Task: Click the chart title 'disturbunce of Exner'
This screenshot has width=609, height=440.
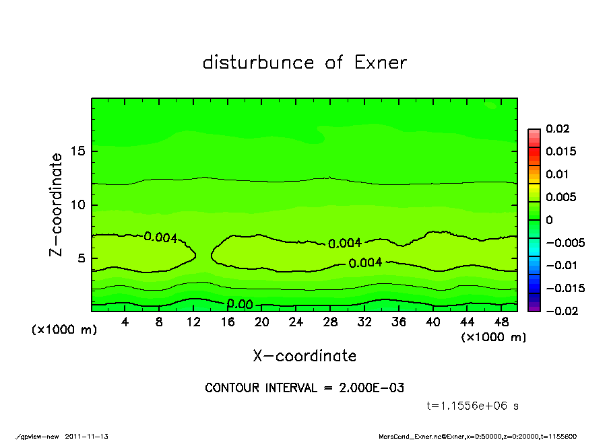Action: pyautogui.click(x=304, y=63)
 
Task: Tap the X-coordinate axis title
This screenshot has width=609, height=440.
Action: pyautogui.click(x=304, y=356)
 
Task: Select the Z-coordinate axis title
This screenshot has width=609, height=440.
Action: pyautogui.click(x=57, y=205)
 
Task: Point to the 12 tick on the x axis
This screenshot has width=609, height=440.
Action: pyautogui.click(x=193, y=323)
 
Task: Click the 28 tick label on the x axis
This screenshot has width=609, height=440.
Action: pyautogui.click(x=330, y=323)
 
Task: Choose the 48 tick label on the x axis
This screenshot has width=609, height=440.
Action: pyautogui.click(x=501, y=323)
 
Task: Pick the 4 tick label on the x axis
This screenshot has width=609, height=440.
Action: pyautogui.click(x=125, y=323)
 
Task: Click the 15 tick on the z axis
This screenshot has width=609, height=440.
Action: pyautogui.click(x=77, y=151)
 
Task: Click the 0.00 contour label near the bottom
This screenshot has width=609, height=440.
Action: pyautogui.click(x=240, y=304)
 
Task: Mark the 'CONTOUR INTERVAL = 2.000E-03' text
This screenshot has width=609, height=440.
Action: pyautogui.click(x=304, y=388)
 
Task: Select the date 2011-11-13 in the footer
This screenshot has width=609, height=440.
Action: pyautogui.click(x=87, y=436)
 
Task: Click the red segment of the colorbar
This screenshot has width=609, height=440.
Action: pyautogui.click(x=534, y=155)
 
